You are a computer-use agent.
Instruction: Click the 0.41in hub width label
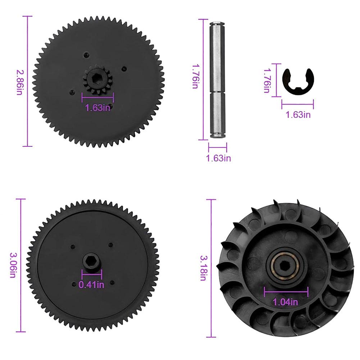click(91, 285)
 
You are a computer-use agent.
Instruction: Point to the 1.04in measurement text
click(286, 302)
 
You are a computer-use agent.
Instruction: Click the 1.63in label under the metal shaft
click(218, 158)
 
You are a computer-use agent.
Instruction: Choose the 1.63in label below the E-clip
click(298, 115)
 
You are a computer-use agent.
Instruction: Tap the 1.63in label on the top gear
click(97, 108)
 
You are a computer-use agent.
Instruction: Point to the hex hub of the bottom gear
click(92, 261)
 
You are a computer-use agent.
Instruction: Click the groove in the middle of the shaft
click(218, 91)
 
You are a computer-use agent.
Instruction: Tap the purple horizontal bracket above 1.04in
click(286, 292)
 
